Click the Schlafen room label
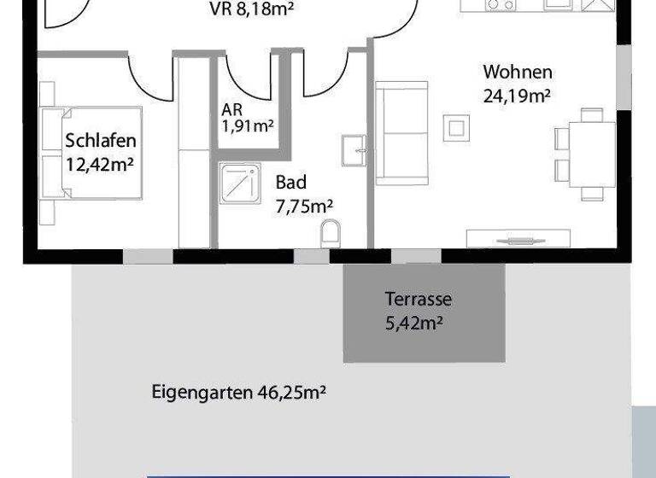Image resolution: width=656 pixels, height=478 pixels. [100, 140]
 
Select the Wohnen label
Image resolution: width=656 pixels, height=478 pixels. [517, 73]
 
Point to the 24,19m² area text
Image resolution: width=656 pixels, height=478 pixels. [517, 95]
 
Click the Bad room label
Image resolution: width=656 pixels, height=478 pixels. [290, 183]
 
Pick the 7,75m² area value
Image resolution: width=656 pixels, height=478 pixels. [304, 205]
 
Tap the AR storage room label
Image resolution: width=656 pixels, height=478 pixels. [231, 110]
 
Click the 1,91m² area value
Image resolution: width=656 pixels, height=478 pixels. [247, 126]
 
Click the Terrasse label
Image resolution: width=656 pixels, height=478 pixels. [418, 300]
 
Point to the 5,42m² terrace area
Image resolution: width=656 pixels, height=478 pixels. [418, 323]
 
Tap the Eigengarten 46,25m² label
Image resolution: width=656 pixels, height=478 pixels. [240, 393]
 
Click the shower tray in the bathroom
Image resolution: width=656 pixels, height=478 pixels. [240, 183]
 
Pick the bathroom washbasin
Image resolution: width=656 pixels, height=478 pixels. [354, 150]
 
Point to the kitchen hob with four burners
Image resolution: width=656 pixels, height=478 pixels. [500, 4]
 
